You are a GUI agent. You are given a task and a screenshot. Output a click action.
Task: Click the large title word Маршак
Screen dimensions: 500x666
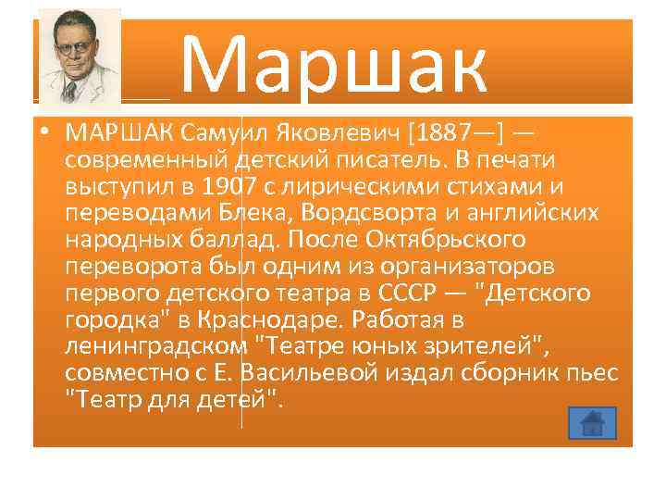coord(333,64)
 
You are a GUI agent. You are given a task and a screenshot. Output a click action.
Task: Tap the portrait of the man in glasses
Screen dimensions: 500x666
coord(80,57)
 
